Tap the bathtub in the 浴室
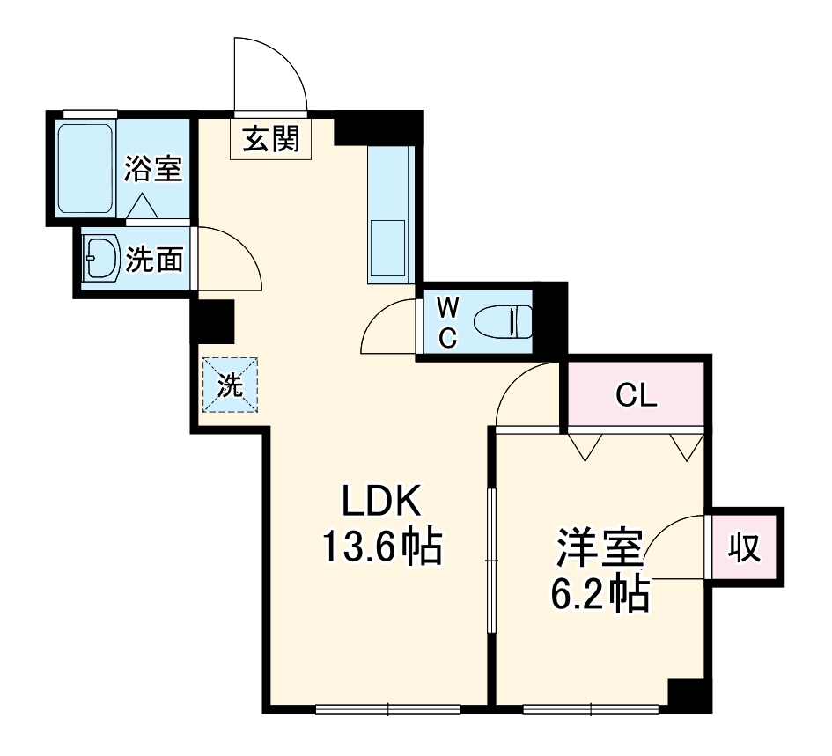click(85, 167)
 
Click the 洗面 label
click(155, 260)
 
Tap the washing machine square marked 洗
click(230, 385)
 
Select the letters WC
click(448, 322)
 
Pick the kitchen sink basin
click(387, 249)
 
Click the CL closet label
click(636, 397)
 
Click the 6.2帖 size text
click(600, 595)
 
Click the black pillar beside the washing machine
click(213, 321)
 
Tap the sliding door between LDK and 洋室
click(491, 560)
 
